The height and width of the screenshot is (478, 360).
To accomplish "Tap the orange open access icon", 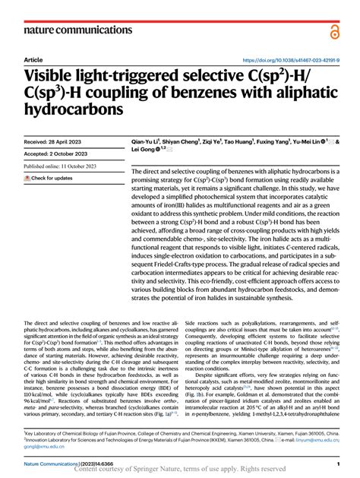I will (x=335, y=31).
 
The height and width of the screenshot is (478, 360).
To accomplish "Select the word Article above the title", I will (x=33, y=59).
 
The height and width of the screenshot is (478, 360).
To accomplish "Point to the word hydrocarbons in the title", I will (x=74, y=109).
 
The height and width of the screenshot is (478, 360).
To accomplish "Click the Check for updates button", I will (x=49, y=178).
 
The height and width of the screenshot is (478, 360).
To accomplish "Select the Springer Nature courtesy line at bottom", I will (x=179, y=470).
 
